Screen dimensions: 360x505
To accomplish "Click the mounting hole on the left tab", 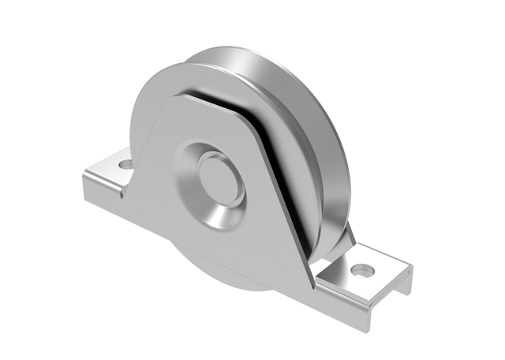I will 125,166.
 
